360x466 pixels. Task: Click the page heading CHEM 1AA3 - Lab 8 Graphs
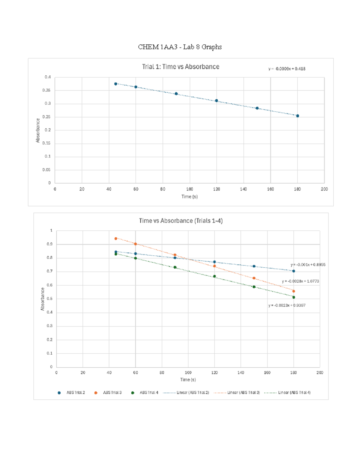tap(180, 47)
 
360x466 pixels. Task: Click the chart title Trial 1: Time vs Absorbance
tap(181, 67)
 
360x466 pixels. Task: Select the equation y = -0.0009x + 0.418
tap(287, 69)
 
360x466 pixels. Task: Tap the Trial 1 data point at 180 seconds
tap(298, 116)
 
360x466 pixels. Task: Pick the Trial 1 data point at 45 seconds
tap(116, 84)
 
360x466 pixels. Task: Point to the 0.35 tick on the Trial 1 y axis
tap(46, 90)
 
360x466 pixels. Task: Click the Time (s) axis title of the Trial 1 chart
tap(189, 197)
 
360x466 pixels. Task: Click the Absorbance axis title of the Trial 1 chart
tap(38, 130)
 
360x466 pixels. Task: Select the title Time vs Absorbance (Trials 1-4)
tap(181, 221)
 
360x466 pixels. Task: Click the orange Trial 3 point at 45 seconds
tap(116, 239)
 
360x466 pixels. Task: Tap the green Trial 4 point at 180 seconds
tap(294, 297)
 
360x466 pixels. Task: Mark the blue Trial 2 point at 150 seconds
tap(254, 266)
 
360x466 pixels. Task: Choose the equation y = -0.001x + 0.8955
tap(308, 265)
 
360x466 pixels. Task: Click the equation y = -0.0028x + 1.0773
tap(300, 281)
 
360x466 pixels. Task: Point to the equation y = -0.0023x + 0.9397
tap(287, 305)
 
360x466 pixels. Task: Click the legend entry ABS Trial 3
tap(112, 392)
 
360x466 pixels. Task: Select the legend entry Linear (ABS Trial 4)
tap(294, 392)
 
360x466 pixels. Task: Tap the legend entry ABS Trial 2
tap(76, 392)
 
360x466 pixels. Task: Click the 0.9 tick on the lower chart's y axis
tap(50, 244)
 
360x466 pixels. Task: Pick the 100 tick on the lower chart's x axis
tap(188, 373)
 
